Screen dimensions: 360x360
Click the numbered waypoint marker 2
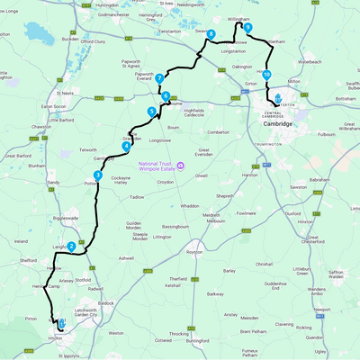(71, 246)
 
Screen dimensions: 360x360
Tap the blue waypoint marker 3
(96, 175)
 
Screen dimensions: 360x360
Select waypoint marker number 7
(158, 77)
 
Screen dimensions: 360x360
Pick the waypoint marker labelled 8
(211, 34)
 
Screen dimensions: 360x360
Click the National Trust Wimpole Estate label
(160, 166)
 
